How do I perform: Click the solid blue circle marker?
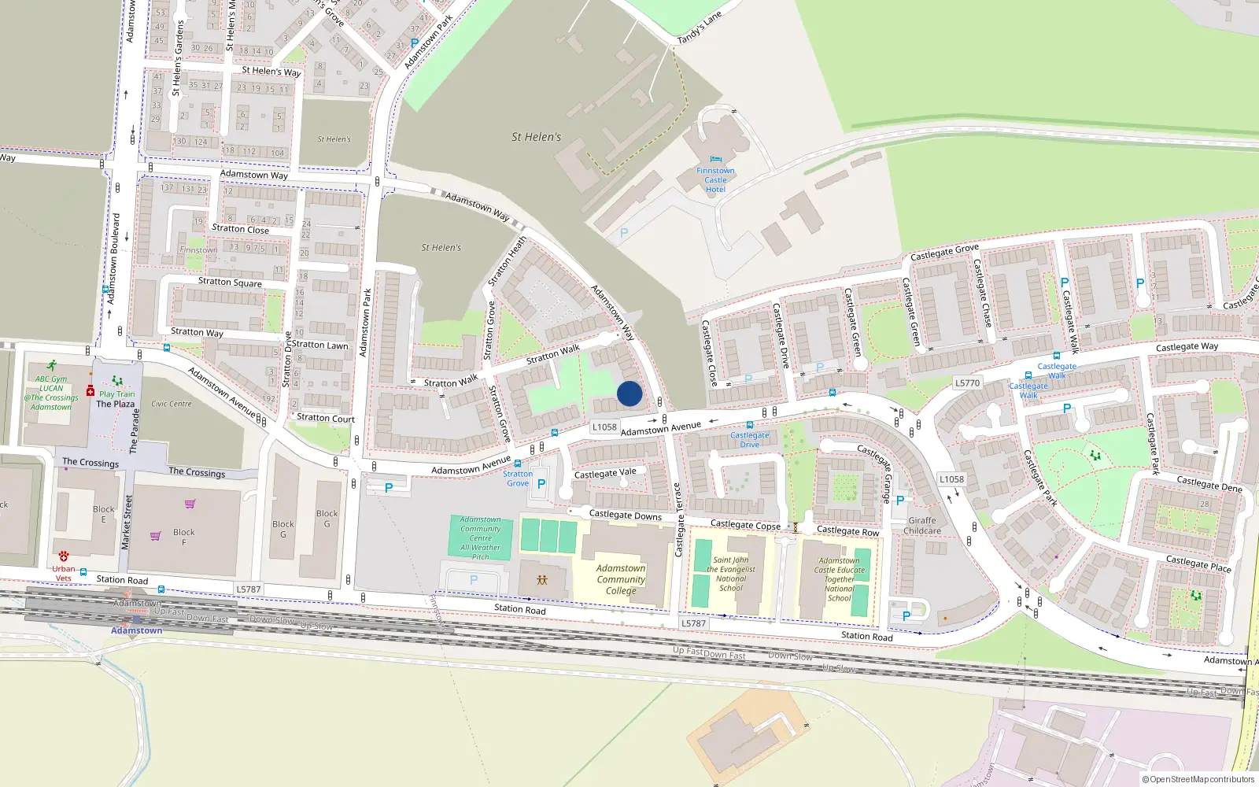(629, 393)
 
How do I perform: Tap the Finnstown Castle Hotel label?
(715, 180)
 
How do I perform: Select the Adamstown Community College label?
(621, 579)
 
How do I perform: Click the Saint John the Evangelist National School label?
(731, 575)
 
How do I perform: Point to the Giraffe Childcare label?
(922, 526)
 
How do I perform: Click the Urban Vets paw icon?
(64, 556)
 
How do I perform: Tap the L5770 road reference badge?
(967, 383)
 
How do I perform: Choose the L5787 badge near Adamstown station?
(249, 589)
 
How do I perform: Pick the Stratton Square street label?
(230, 282)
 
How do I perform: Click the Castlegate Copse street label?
(745, 525)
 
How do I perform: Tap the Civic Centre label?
(172, 404)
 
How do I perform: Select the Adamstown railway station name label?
(137, 630)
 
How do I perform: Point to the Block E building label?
(104, 514)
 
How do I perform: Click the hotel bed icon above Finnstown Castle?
(715, 160)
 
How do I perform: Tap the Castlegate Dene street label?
(1209, 483)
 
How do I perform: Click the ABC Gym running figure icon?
(52, 366)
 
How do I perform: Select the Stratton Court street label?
(326, 418)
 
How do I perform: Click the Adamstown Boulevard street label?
(114, 258)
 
